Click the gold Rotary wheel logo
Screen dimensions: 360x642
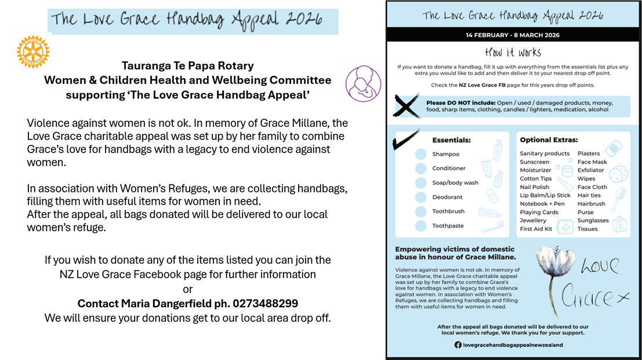(x=32, y=52)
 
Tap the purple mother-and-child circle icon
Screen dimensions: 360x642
(x=363, y=83)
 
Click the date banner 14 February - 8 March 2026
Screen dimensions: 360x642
(x=513, y=35)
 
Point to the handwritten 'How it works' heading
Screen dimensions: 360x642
(x=513, y=52)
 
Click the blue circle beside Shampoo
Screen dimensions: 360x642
(x=420, y=154)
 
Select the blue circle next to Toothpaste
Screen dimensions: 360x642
(x=420, y=226)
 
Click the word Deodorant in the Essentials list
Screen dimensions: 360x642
(x=447, y=197)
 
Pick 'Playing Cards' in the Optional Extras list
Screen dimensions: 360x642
(x=539, y=212)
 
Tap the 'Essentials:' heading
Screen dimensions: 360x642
(x=451, y=140)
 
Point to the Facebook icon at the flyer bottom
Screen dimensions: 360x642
(x=458, y=344)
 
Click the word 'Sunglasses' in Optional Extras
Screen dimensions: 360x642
(x=593, y=220)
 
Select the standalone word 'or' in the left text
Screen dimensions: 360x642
(x=187, y=289)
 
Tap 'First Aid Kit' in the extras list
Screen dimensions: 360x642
(x=536, y=229)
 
